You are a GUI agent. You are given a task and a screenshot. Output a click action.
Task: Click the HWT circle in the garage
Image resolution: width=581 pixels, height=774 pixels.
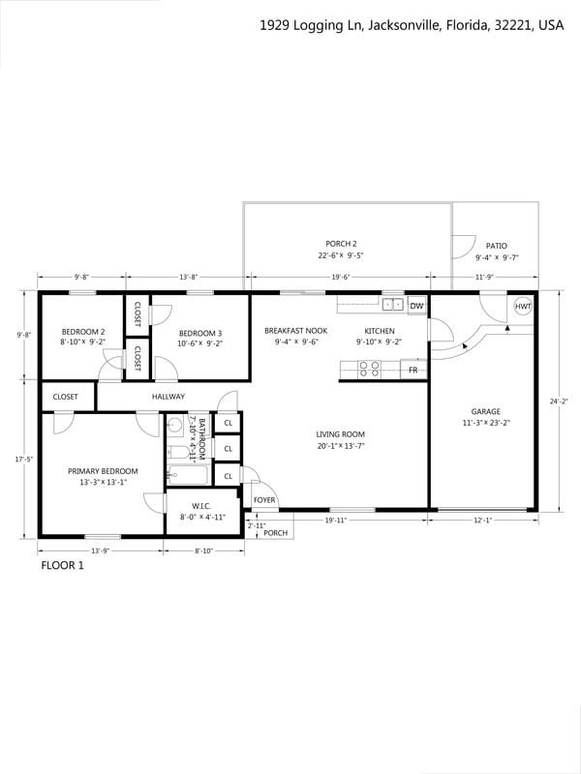(523, 306)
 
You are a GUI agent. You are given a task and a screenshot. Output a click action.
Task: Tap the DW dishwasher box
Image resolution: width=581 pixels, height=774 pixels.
(417, 306)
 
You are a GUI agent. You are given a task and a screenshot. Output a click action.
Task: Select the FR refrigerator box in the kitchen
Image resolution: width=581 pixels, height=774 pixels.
(413, 370)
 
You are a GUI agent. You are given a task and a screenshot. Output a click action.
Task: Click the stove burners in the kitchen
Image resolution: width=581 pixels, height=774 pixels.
(369, 370)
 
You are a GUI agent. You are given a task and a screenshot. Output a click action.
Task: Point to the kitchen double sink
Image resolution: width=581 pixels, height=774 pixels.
(393, 305)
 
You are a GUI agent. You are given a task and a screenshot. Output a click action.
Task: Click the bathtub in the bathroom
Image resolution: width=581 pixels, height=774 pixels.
(188, 475)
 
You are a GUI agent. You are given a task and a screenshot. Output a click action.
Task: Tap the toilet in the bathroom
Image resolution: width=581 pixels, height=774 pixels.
(178, 452)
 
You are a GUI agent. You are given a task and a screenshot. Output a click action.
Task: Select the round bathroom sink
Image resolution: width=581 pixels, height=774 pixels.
(174, 424)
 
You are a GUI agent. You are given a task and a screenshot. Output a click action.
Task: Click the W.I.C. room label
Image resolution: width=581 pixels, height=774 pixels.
(201, 506)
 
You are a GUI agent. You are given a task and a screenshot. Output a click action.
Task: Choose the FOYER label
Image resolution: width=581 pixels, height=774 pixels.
(264, 500)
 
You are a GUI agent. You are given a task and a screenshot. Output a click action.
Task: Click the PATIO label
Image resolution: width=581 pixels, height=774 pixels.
(497, 246)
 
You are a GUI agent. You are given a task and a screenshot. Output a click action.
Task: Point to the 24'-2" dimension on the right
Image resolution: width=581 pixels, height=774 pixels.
(559, 402)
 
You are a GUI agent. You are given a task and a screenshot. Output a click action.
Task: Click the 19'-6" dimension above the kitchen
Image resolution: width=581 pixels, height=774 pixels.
(341, 277)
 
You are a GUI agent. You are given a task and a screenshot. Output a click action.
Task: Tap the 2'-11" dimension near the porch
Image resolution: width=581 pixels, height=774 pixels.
(257, 525)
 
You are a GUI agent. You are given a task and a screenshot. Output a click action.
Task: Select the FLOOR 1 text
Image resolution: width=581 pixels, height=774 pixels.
(62, 565)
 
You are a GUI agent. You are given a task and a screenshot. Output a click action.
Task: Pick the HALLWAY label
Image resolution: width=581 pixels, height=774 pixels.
(168, 397)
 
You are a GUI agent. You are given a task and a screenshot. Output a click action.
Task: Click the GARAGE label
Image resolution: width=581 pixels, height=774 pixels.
(486, 411)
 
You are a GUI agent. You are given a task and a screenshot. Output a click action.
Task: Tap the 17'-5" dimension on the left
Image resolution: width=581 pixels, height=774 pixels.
(23, 459)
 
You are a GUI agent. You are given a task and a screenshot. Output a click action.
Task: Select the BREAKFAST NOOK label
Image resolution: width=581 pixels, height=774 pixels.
(296, 331)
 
